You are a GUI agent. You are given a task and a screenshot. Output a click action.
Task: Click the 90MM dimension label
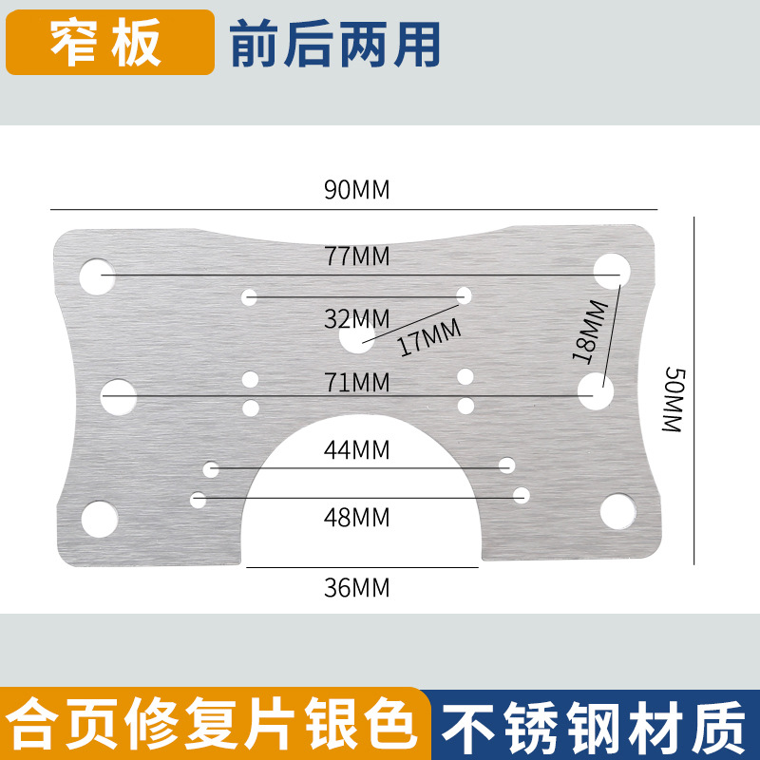pos(357,190)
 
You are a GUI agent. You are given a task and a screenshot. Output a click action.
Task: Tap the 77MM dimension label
pos(357,256)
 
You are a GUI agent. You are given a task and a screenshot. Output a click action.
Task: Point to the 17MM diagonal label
pos(428,336)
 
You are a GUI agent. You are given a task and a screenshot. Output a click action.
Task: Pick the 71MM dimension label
pos(357,383)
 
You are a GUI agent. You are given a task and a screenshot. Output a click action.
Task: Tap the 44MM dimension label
pos(357,450)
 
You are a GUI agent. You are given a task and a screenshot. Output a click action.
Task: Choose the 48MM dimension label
pos(357,518)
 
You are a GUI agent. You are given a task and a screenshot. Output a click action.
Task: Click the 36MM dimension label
pos(357,587)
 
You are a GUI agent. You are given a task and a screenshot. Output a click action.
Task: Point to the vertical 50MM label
pos(673,399)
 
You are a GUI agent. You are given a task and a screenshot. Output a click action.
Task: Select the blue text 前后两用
pos(335,44)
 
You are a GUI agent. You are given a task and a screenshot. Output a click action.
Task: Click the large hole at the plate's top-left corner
pos(96,275)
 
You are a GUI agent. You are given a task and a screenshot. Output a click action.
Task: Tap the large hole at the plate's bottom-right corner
pos(617,512)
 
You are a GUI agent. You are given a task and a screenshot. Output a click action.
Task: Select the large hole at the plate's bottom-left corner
pos(99,518)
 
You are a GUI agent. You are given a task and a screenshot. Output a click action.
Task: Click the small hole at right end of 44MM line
pos(507,465)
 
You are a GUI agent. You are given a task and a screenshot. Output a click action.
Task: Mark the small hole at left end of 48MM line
pos(199,498)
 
